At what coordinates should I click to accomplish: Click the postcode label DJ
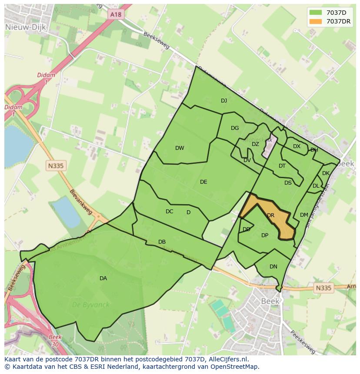point(224,101)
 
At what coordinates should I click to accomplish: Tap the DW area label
point(180,148)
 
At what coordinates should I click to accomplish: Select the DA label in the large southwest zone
point(103,278)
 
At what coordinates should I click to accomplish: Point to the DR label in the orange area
point(270,215)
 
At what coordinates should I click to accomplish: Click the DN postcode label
point(273,267)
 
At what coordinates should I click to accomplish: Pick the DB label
point(162,242)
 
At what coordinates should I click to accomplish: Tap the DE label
point(203,182)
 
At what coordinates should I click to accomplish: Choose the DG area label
point(235,128)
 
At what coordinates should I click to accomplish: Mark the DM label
point(304,215)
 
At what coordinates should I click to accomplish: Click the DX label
point(297,146)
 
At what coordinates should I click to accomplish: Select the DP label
point(265,235)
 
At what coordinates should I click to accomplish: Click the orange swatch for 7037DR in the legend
point(317,21)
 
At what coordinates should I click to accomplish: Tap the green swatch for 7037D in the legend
point(317,12)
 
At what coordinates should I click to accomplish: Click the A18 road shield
point(116,15)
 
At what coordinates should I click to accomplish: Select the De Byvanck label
point(91,305)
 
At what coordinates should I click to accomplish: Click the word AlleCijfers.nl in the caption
point(226,359)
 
